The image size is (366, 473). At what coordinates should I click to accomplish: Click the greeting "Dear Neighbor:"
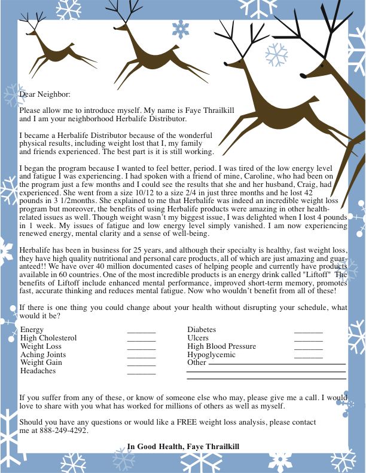click(x=45, y=94)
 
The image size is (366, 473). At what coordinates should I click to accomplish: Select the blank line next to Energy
click(x=141, y=331)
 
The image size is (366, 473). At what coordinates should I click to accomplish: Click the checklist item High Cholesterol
click(x=48, y=338)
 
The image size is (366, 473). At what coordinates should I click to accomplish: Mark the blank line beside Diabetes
click(x=308, y=331)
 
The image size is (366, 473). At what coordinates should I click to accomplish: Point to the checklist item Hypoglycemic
click(x=211, y=355)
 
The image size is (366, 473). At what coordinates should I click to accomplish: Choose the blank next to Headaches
click(x=141, y=373)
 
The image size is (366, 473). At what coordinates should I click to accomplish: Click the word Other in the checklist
click(x=196, y=363)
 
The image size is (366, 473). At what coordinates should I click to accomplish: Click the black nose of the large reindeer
click(x=303, y=76)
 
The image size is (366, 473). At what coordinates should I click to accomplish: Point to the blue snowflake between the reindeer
click(x=180, y=28)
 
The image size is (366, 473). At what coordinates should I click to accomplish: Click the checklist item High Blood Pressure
click(x=221, y=346)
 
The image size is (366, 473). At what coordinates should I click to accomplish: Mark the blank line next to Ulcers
click(x=308, y=339)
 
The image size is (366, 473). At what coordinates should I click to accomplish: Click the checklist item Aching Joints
click(x=43, y=355)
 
